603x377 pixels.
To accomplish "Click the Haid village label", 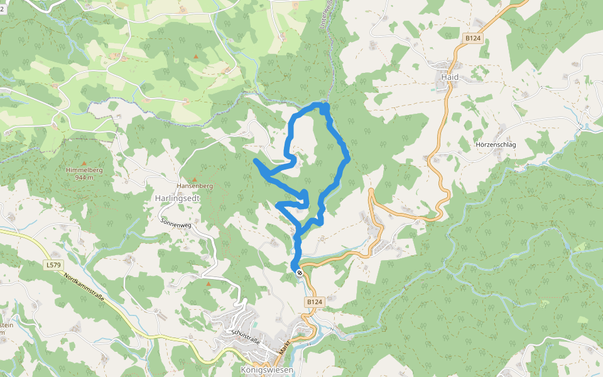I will click(450, 77).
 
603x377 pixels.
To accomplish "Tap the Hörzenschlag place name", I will click(496, 145).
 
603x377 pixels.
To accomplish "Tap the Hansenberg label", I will click(195, 186).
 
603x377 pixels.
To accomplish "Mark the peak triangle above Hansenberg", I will click(195, 180).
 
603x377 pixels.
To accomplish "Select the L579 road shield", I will click(54, 265).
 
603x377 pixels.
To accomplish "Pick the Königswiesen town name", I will click(267, 370).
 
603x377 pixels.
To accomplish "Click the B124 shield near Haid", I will click(472, 38).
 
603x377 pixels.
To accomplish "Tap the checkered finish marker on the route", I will click(300, 272).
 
